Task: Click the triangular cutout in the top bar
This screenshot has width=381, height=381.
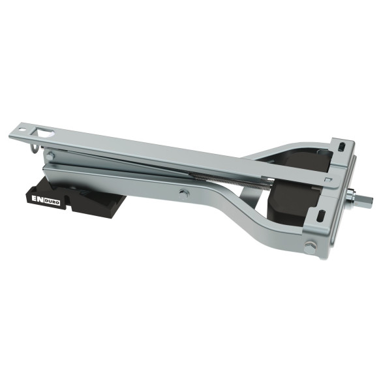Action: pyautogui.click(x=46, y=132)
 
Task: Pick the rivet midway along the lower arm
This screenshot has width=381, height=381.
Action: pyautogui.click(x=185, y=192)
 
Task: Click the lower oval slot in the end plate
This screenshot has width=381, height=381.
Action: pyautogui.click(x=322, y=215)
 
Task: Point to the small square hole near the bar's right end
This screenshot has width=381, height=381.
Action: pyautogui.click(x=328, y=177)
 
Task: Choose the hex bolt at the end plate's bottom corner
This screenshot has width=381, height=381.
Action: pyautogui.click(x=309, y=246)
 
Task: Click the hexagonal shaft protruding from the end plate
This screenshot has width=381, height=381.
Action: pyautogui.click(x=369, y=198)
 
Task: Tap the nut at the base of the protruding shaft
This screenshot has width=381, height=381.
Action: pyautogui.click(x=359, y=196)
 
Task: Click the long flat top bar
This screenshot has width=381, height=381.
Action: pyautogui.click(x=163, y=153)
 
